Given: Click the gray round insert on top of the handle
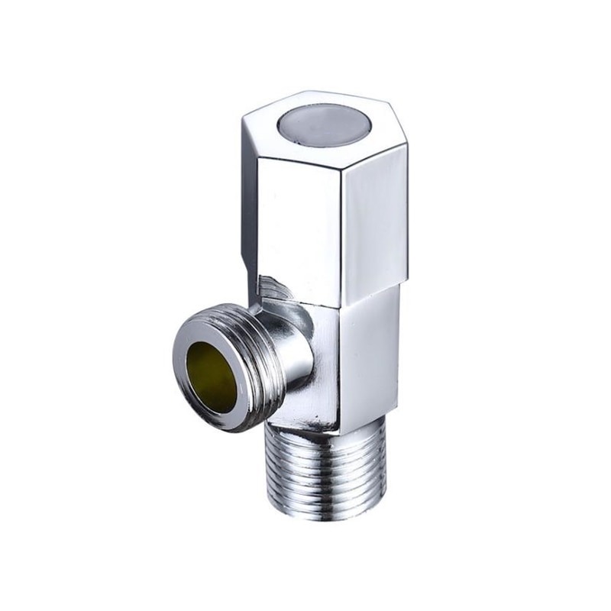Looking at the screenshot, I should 319,124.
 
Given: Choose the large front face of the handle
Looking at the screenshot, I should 298,221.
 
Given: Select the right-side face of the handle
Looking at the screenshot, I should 374,221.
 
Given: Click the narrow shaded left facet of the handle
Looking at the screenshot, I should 249,206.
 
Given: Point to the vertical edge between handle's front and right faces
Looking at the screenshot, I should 341,229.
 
